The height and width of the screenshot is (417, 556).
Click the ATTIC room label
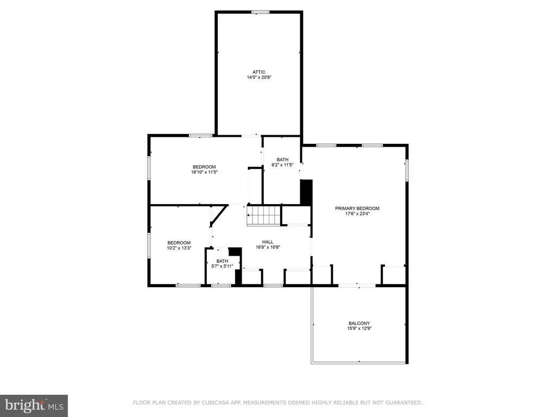coord(259,72)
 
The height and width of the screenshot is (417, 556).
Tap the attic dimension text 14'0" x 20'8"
coord(259,77)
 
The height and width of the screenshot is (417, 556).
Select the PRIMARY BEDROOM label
coord(357,208)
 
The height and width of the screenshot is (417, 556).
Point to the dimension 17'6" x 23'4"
coord(357,213)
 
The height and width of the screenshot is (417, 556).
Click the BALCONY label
coord(359,324)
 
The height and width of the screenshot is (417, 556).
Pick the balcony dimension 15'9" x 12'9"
coord(359,328)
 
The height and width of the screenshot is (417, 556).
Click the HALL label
coord(268,242)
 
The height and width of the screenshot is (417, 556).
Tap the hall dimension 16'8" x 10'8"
coord(268,247)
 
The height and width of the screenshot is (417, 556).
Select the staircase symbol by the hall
coord(264,215)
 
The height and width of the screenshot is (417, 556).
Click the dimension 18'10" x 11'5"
coord(204,172)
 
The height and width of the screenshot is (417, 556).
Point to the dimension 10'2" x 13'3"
coord(179,248)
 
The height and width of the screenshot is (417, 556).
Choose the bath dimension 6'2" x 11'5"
coord(282,165)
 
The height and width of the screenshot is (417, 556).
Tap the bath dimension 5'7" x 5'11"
coord(222,266)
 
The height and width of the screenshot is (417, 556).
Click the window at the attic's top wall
coord(260,12)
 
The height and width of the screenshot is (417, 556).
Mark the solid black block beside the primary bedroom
coord(306,192)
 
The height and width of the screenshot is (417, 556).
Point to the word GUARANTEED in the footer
coord(405,402)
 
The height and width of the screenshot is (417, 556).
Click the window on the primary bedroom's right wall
coord(407,170)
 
